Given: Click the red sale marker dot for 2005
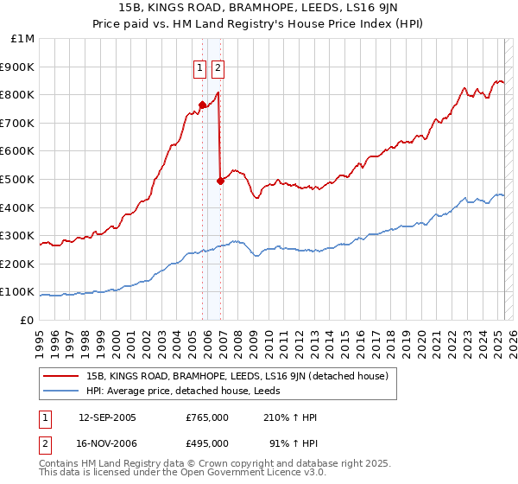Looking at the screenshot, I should (203, 105).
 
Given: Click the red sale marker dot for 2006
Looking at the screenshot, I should (221, 181).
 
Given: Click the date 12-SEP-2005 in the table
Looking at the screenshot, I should (107, 417).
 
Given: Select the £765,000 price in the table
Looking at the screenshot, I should (207, 417).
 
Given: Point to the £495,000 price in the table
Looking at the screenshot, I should (207, 443).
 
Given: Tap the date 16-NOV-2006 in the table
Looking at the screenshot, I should (107, 443).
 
